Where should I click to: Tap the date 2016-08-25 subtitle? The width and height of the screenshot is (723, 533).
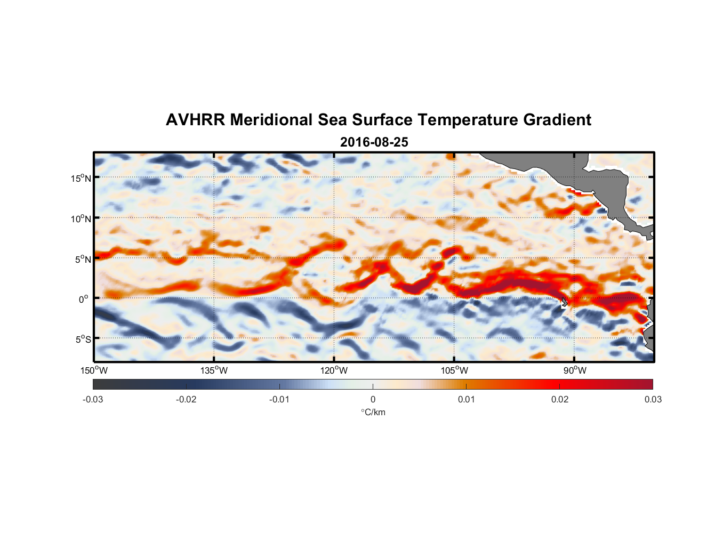(x=374, y=142)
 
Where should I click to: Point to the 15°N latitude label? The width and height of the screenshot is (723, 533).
(x=81, y=178)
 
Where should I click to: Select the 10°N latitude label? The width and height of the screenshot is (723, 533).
(x=81, y=219)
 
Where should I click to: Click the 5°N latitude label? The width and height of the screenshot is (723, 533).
(x=83, y=259)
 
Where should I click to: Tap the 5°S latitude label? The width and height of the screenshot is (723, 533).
(x=83, y=340)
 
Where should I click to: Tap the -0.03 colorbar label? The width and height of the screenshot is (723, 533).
(x=93, y=400)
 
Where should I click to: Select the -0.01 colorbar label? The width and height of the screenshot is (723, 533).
(x=279, y=400)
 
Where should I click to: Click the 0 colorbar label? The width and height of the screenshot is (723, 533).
(x=373, y=400)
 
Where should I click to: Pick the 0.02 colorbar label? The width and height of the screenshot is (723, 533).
(x=560, y=400)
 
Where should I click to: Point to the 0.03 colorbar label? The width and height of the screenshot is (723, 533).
(x=653, y=400)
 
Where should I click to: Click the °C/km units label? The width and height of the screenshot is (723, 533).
(x=373, y=412)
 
